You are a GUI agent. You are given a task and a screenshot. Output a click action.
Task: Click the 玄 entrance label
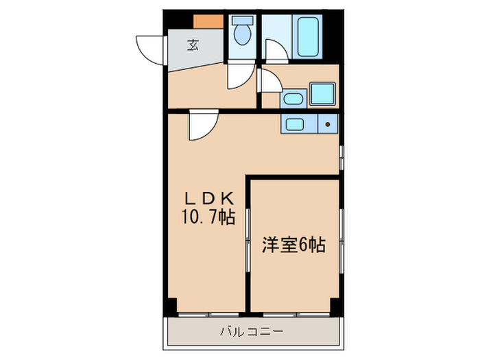(193, 46)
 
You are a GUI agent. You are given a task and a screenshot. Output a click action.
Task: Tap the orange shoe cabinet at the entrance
(208, 21)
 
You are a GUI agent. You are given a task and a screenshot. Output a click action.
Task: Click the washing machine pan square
(322, 93)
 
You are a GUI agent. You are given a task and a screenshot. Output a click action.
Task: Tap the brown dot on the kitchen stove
(328, 125)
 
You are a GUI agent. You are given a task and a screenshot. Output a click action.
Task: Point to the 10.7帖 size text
(209, 218)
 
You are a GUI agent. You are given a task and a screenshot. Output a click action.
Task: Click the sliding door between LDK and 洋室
(248, 247)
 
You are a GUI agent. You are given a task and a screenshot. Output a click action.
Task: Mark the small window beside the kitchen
(341, 156)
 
